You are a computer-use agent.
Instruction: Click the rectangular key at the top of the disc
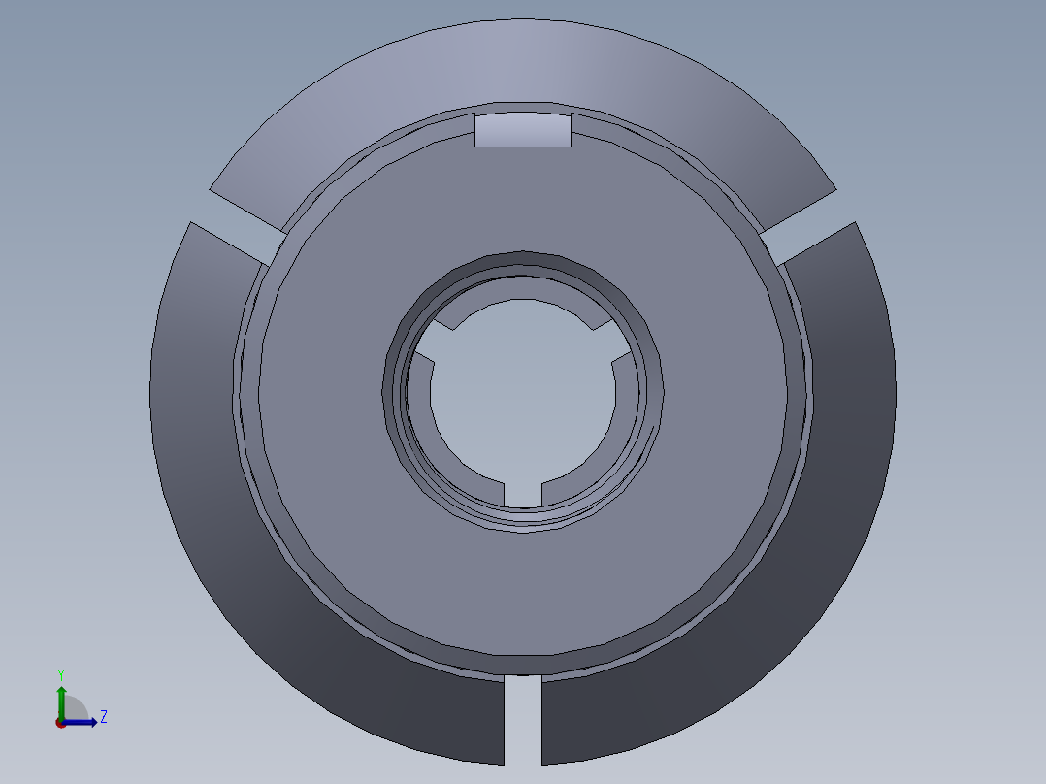[x=522, y=130]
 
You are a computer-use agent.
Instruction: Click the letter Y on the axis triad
[x=60, y=673]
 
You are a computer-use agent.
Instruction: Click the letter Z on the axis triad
[x=103, y=717]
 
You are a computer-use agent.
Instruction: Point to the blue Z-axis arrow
[x=83, y=721]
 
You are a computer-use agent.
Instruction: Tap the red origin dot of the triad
[x=60, y=723]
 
